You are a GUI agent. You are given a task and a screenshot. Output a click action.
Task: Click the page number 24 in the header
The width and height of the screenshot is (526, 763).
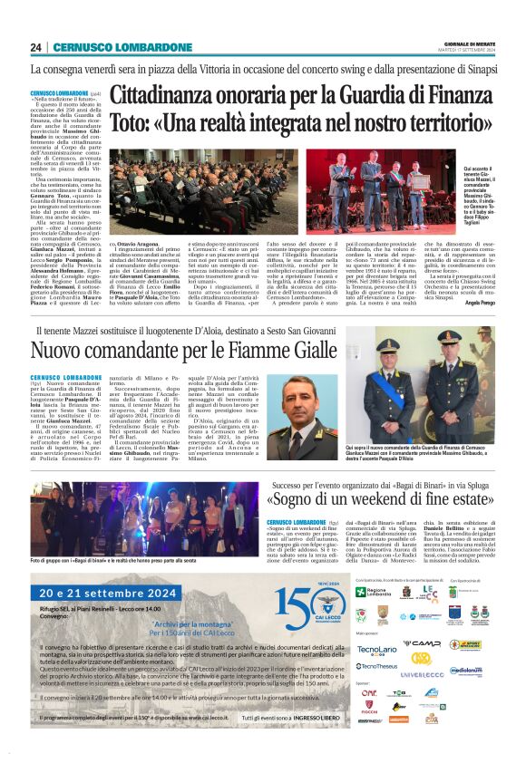pyautogui.click(x=36, y=48)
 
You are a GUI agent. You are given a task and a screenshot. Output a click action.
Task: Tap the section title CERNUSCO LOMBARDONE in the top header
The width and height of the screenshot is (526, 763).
pyautogui.click(x=122, y=48)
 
